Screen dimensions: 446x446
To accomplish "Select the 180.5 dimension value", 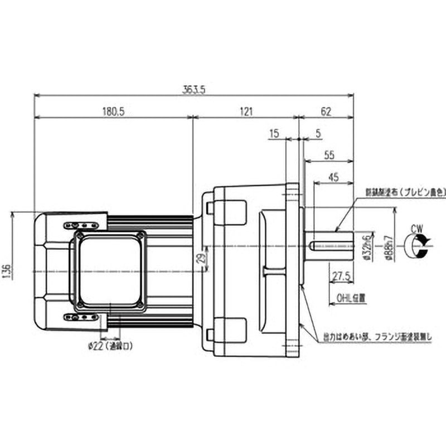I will pyautogui.click(x=113, y=111).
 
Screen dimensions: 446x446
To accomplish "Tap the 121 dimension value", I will pyautogui.click(x=245, y=111).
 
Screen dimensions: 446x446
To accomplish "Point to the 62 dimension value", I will pyautogui.click(x=326, y=111).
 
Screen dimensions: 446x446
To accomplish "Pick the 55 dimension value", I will pyautogui.click(x=329, y=155).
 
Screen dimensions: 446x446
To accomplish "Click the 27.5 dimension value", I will pyautogui.click(x=341, y=275).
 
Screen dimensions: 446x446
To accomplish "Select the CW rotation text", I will pyautogui.click(x=416, y=228).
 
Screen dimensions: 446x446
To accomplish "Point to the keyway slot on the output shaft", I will pyautogui.click(x=329, y=245).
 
